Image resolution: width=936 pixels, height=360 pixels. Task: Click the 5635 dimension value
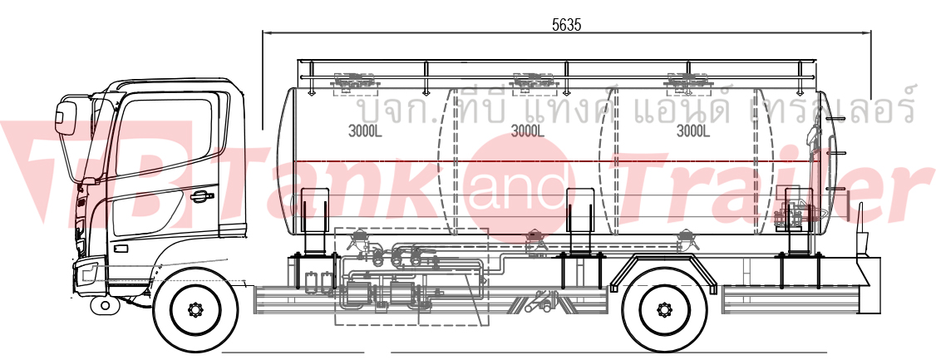click(x=566, y=24)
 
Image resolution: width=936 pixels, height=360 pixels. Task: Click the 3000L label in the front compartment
click(x=365, y=131)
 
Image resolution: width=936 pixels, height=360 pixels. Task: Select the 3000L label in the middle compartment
click(x=528, y=131)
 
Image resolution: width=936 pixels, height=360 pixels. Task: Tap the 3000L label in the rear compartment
click(x=692, y=131)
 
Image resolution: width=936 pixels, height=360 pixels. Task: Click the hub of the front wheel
click(x=195, y=310)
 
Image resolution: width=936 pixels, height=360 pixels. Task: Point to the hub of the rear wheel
click(x=664, y=309)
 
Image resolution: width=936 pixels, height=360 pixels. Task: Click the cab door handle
click(x=202, y=195)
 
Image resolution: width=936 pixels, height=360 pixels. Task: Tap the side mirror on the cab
click(x=65, y=117)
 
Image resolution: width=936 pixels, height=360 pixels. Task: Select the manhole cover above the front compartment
click(x=353, y=81)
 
